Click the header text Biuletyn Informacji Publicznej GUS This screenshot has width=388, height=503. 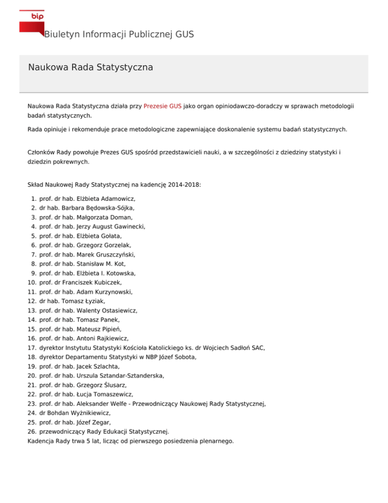coord(119,35)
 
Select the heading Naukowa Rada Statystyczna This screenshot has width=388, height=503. coord(90,67)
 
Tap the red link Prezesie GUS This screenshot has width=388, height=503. coord(162,107)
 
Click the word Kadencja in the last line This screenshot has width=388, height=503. coord(42,441)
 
